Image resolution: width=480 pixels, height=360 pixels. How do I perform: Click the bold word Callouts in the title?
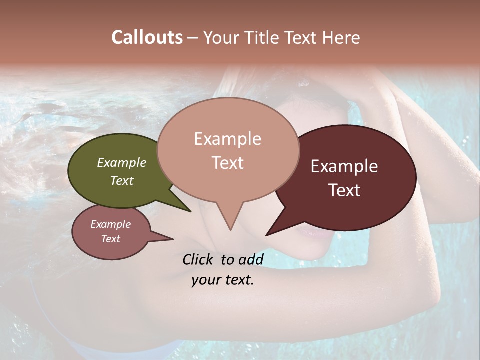(147, 37)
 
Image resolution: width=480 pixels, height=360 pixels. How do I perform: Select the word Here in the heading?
(341, 37)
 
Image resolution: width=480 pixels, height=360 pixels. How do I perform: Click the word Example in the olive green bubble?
(122, 163)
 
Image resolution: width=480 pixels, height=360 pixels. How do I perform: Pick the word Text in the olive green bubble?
(122, 180)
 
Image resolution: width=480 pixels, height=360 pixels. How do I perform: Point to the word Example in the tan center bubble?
(227, 139)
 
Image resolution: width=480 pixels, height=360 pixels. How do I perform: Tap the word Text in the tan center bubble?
(227, 163)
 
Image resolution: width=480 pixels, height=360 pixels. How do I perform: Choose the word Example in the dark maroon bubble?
(344, 167)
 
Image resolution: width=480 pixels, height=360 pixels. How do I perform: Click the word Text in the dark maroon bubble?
(344, 190)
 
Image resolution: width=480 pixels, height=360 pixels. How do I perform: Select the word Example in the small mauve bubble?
(111, 224)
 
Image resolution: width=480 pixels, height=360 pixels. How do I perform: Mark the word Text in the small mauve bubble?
(111, 239)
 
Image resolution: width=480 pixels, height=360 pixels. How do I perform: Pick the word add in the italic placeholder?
(250, 259)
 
